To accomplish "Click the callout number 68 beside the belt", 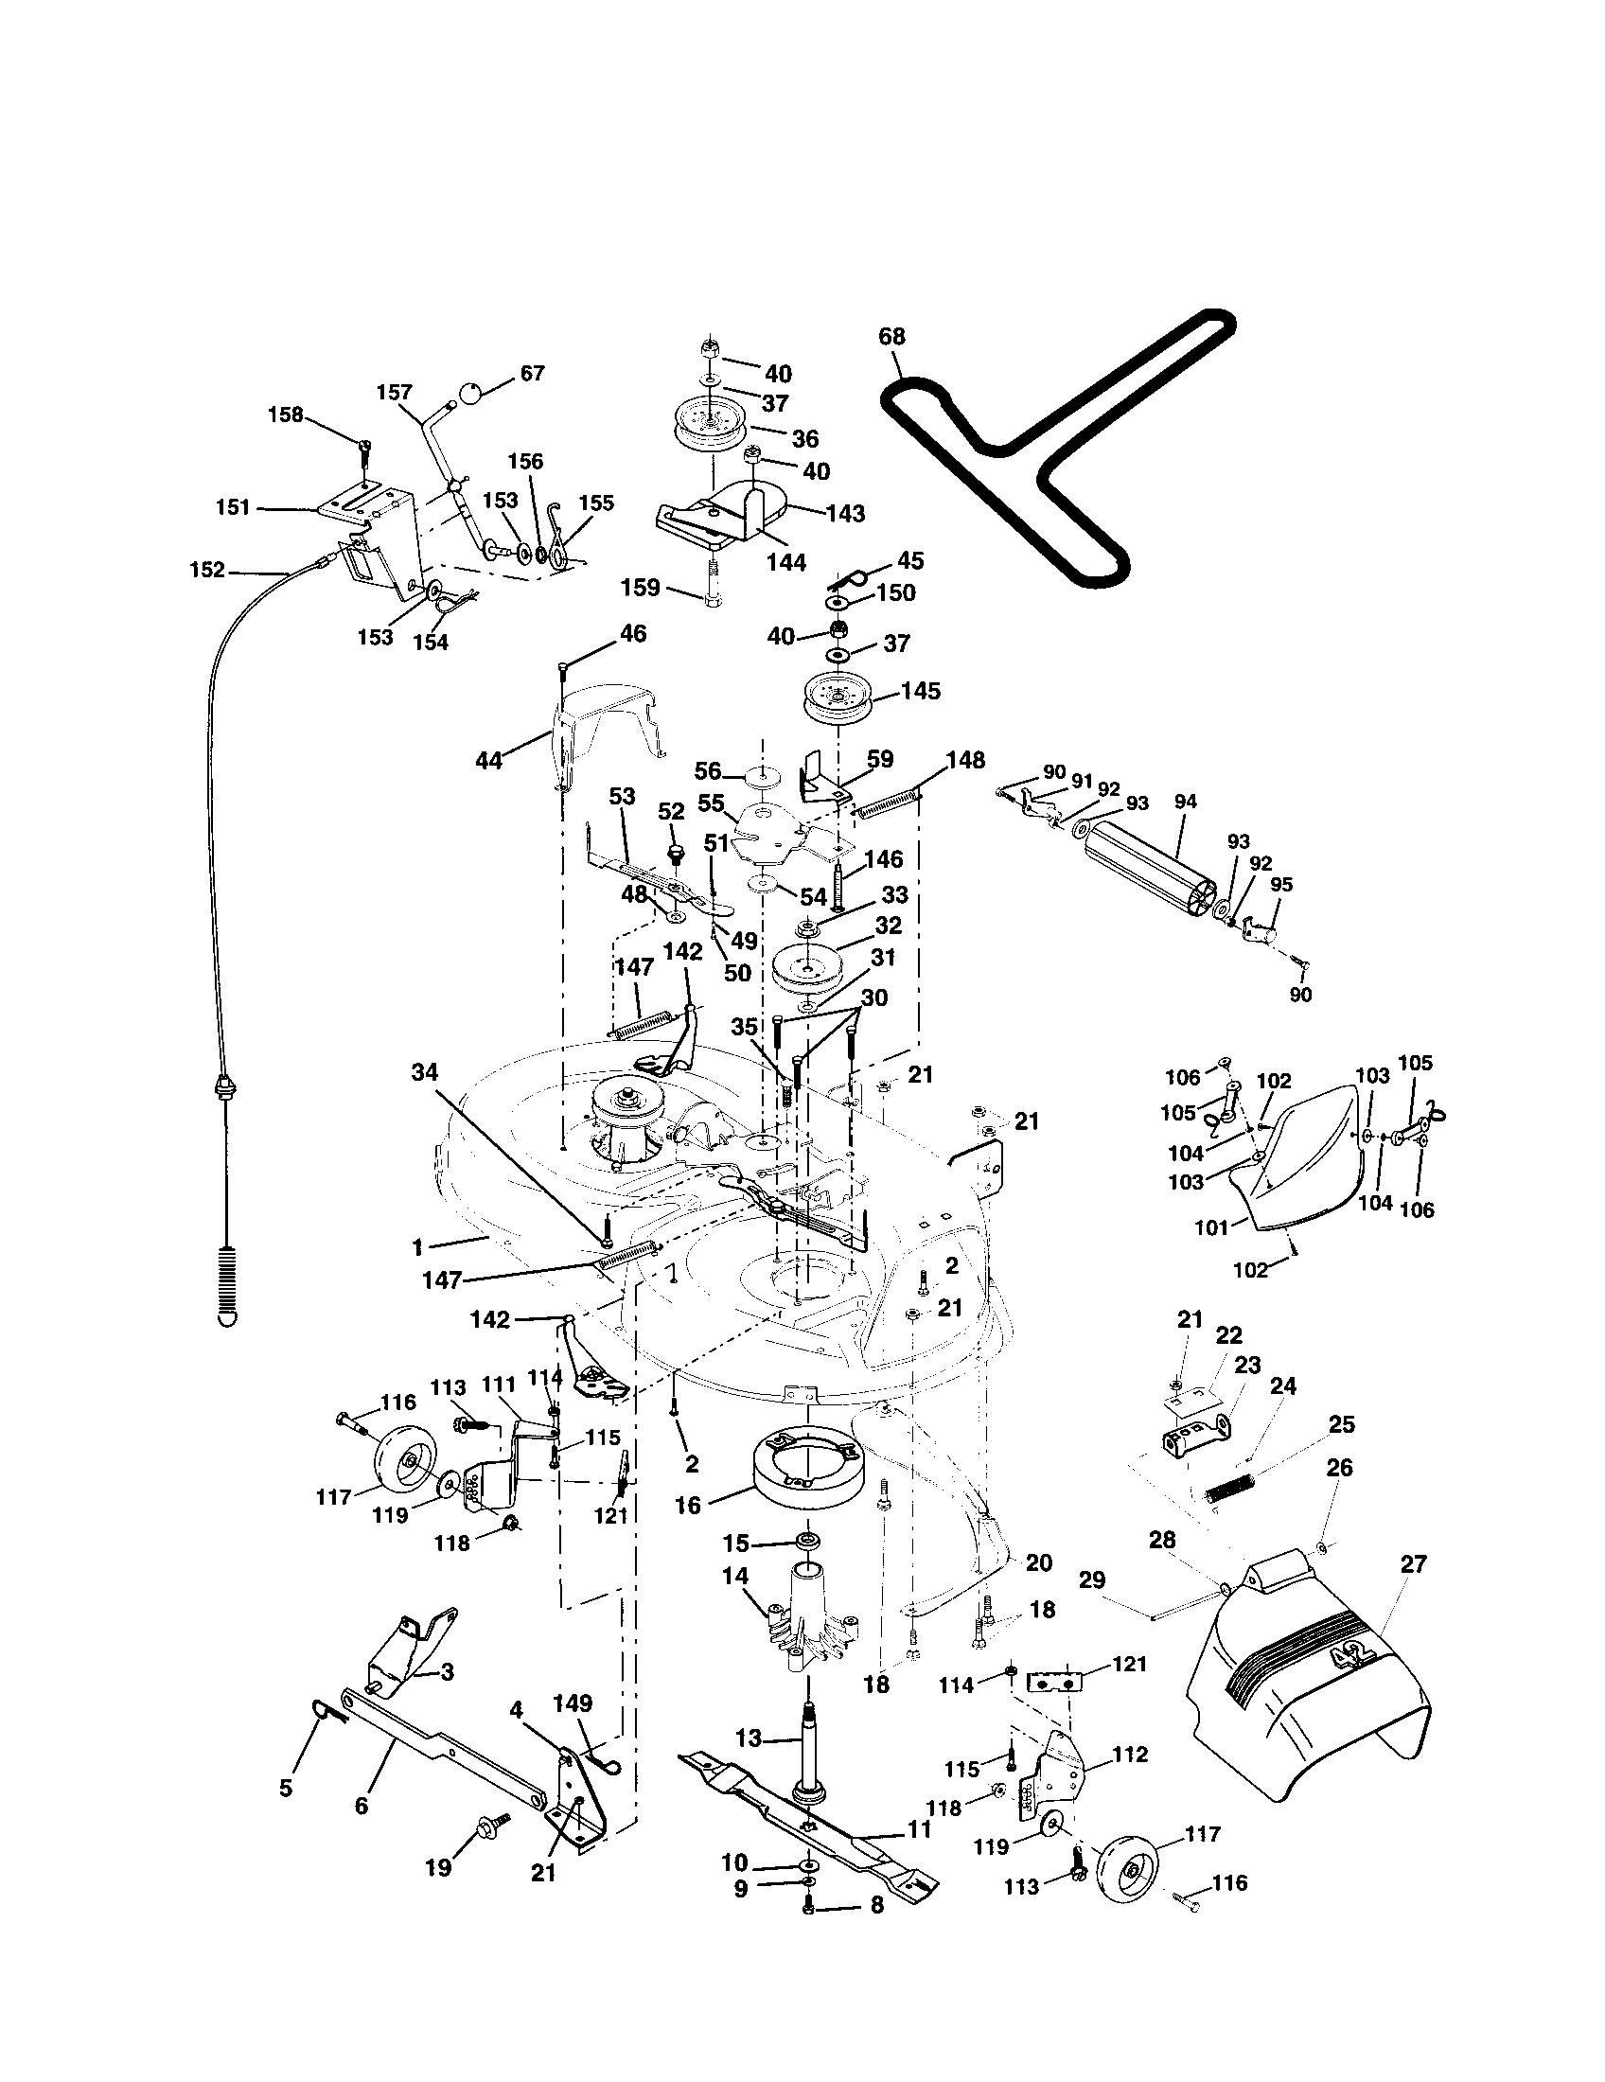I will tap(892, 337).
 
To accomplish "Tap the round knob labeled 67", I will tap(471, 393).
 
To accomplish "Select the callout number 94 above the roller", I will tap(1185, 802).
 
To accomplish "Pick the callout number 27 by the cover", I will tap(1414, 1564).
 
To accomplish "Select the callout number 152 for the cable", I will tap(207, 570).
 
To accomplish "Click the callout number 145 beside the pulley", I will tap(921, 690).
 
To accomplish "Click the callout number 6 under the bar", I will tap(362, 1806).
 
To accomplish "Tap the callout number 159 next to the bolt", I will tap(640, 588).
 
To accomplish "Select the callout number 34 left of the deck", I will tap(425, 1072).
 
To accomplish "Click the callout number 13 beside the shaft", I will tap(749, 1738).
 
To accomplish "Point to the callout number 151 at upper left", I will tap(234, 507).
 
